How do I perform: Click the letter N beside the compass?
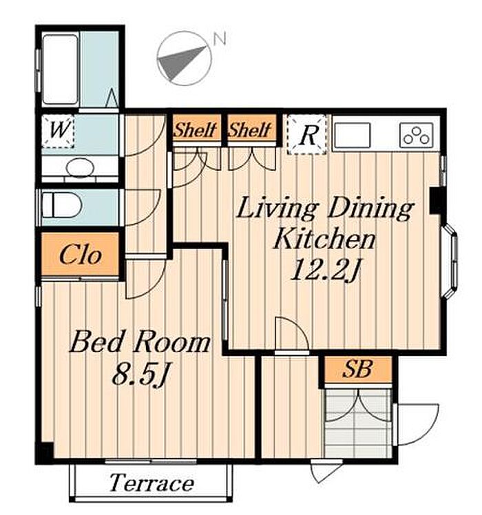coord(220,39)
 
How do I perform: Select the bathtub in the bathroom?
coord(60,70)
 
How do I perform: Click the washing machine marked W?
coord(58,130)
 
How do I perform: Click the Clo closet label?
coord(80,255)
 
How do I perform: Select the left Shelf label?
coord(196,129)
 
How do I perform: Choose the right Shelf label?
coord(250,129)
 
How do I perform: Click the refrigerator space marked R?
coord(307,134)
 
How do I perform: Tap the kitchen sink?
coord(353,135)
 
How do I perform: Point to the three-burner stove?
coord(417,135)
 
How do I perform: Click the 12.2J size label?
coord(325,269)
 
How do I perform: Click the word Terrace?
coord(151,483)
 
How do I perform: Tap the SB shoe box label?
coord(357,369)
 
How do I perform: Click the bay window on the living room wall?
coord(450,261)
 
